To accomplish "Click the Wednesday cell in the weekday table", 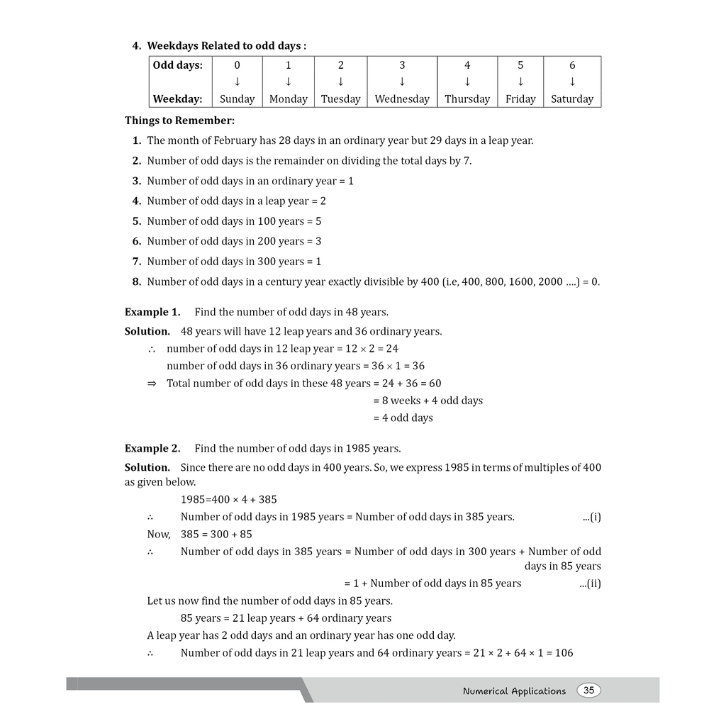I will point(402,99).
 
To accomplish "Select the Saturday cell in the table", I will point(571,99).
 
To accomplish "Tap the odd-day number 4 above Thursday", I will point(467,65).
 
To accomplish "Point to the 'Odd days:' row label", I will point(178,65).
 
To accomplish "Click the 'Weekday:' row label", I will point(178,99).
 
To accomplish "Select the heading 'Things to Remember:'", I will point(179,121).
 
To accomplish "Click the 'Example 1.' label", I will point(152,312).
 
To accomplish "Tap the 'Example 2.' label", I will point(152,448).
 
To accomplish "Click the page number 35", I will point(588,691).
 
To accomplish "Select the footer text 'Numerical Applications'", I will point(514,691).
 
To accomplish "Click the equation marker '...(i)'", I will point(591,517).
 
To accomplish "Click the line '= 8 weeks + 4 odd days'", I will point(428,401).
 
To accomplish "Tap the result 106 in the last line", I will point(564,653).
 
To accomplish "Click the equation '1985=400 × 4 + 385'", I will point(229,499).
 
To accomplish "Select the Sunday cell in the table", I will point(237,99).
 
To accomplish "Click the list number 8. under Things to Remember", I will point(137,281).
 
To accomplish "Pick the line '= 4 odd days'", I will point(403,418).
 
